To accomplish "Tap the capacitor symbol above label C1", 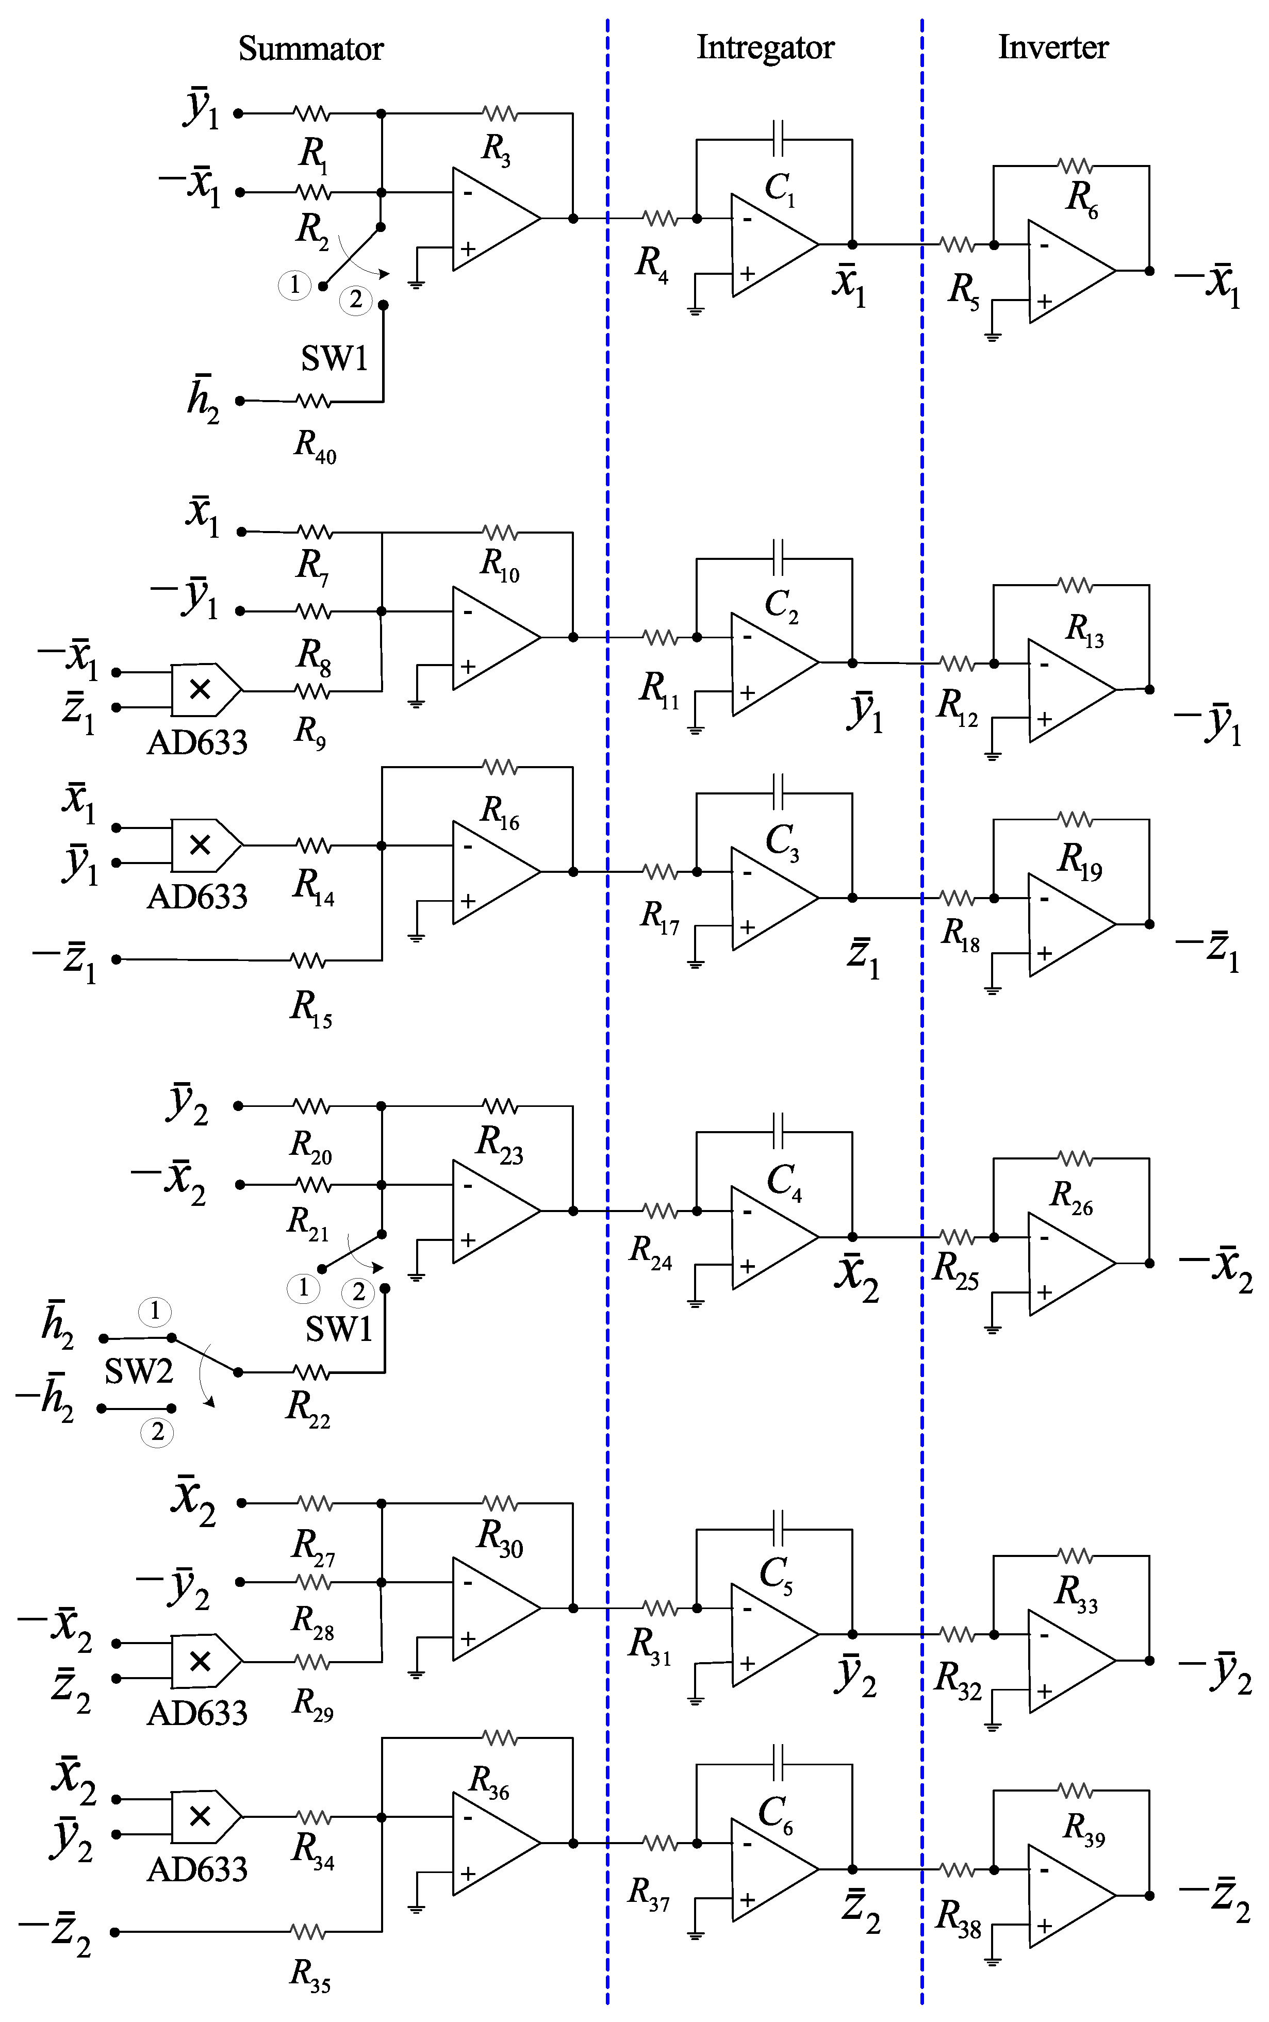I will (777, 139).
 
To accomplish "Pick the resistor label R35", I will (310, 1974).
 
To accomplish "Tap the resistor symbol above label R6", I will (1075, 165).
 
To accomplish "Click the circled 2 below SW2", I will (157, 1432).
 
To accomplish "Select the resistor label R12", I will (957, 706).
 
